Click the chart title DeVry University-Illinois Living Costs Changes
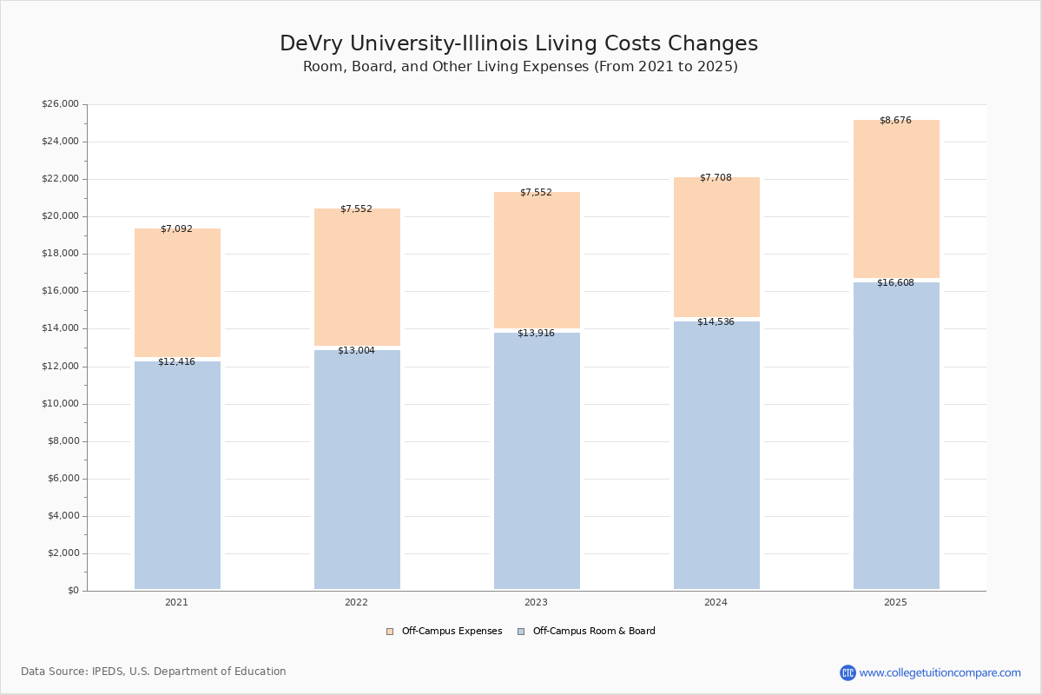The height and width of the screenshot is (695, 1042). [518, 44]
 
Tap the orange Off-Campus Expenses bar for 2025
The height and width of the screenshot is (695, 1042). [896, 200]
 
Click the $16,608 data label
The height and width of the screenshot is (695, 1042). [895, 283]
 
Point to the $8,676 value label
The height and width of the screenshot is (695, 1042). [895, 121]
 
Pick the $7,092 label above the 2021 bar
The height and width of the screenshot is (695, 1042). [176, 229]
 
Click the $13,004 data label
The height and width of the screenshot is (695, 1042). [356, 351]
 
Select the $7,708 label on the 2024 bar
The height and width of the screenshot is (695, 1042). [716, 178]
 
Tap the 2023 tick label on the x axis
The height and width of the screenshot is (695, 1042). [536, 603]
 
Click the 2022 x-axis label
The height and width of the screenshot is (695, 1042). [356, 603]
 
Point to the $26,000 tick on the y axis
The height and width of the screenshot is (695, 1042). [60, 104]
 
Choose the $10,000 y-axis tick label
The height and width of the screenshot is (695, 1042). [60, 404]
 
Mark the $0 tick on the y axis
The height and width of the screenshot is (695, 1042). [72, 591]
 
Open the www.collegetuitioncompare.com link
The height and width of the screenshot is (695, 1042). [940, 672]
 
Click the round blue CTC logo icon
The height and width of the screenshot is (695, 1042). [847, 672]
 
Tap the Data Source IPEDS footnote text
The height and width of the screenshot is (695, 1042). [154, 672]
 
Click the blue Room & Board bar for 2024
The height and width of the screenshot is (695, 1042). [716, 455]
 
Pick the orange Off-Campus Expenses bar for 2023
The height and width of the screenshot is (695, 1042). [537, 261]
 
